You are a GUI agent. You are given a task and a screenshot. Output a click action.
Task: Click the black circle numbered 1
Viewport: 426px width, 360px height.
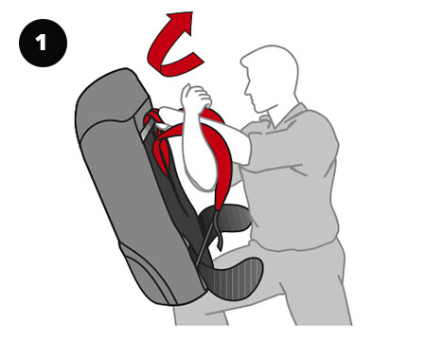pyautogui.click(x=43, y=43)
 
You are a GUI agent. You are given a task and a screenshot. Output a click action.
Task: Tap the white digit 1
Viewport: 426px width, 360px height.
pyautogui.click(x=42, y=43)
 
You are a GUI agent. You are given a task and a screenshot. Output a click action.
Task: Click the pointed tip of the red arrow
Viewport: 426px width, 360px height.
pyautogui.click(x=192, y=12)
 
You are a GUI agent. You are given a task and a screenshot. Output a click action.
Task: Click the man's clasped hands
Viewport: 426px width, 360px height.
pyautogui.click(x=196, y=96)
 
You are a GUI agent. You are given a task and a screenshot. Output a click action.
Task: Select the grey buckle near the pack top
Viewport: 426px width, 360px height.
pyautogui.click(x=146, y=130)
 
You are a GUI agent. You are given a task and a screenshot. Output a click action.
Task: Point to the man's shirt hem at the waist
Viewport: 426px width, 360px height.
pyautogui.click(x=293, y=244)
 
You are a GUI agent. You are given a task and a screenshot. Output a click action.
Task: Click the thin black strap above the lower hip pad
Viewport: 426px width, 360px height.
pyautogui.click(x=206, y=237)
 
